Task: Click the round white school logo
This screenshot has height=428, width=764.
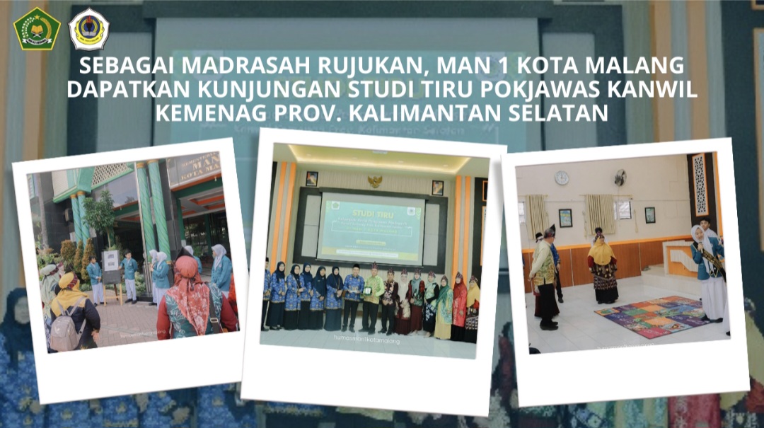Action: (x=88, y=29)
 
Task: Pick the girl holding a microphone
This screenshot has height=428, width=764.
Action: (x=709, y=269)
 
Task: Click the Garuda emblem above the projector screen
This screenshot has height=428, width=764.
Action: (x=375, y=181)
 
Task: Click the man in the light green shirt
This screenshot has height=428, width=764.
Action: (x=372, y=297)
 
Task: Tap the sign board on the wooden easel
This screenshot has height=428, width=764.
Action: (x=111, y=266)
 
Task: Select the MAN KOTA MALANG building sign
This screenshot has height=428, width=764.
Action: (x=195, y=168)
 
